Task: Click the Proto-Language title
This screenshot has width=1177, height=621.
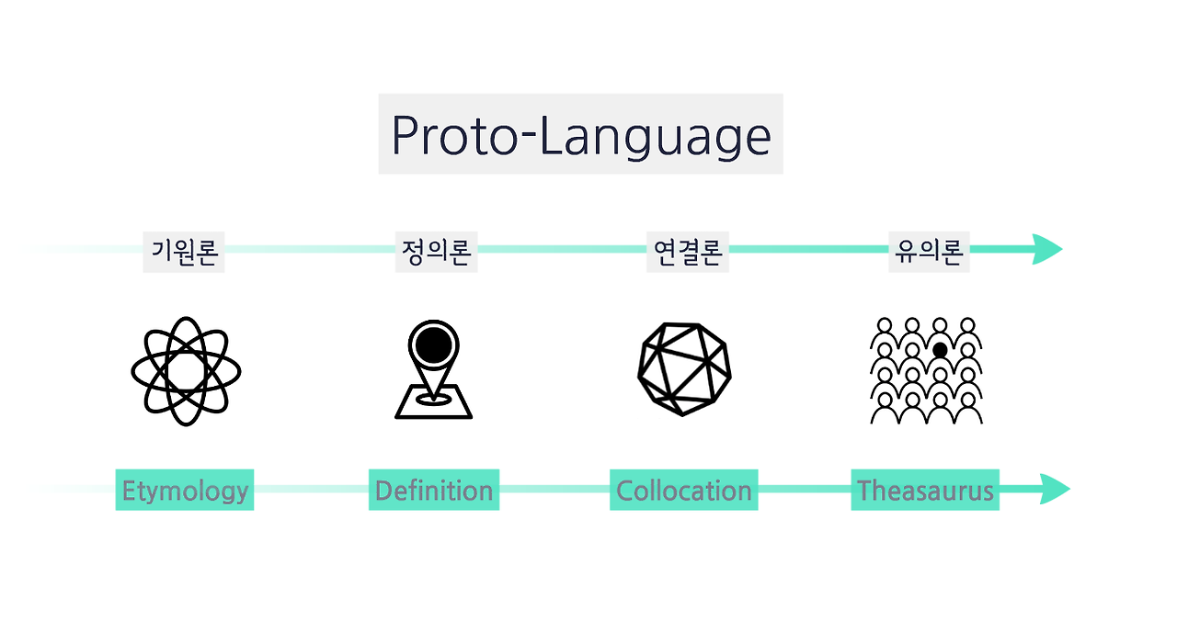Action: pyautogui.click(x=580, y=135)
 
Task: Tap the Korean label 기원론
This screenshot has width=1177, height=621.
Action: pyautogui.click(x=184, y=252)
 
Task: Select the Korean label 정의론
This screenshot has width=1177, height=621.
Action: pyautogui.click(x=436, y=252)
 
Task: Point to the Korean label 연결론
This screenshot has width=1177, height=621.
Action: pyautogui.click(x=687, y=252)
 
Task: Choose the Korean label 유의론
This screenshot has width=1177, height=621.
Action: pyautogui.click(x=929, y=252)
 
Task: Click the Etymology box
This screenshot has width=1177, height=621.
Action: pyautogui.click(x=185, y=490)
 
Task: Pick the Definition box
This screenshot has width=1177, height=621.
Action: pyautogui.click(x=434, y=490)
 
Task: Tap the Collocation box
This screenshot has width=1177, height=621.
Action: pyautogui.click(x=683, y=490)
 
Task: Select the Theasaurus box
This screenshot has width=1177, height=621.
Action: pyautogui.click(x=925, y=490)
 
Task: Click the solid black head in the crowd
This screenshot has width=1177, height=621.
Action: pyautogui.click(x=940, y=350)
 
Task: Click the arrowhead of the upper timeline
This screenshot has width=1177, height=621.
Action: pyautogui.click(x=1047, y=249)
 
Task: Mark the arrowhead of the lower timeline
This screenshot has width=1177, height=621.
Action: pyautogui.click(x=1055, y=489)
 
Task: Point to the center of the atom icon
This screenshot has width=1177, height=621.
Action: pyautogui.click(x=186, y=371)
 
